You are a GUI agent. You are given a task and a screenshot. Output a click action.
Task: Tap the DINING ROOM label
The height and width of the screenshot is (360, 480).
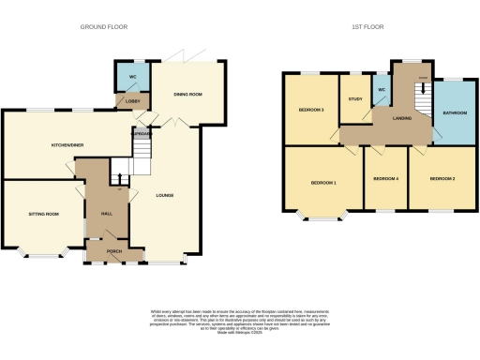188,95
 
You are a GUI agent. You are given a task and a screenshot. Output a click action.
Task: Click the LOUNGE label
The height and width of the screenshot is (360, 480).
165,195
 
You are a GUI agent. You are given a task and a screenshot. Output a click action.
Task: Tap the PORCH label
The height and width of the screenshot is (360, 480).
114,251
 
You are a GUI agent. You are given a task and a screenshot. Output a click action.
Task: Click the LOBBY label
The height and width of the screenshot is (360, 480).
125,99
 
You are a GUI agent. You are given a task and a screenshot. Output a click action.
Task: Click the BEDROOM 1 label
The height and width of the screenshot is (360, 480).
323,183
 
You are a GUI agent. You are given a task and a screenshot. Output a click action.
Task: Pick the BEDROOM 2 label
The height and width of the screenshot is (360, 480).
442,178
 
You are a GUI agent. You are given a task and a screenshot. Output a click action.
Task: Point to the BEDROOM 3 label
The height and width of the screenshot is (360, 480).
311,110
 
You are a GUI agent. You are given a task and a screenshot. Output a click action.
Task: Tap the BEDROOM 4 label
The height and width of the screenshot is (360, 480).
385,178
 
